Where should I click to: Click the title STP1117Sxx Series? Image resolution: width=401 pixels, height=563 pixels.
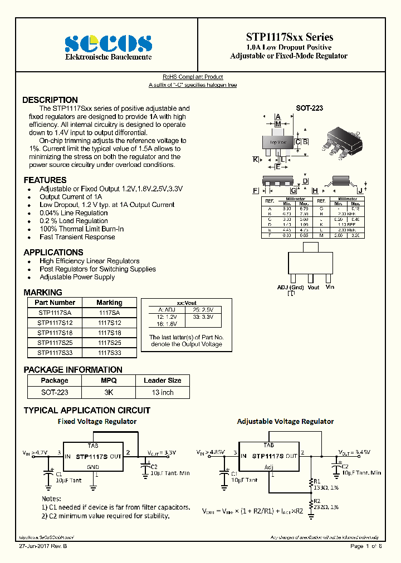click(289, 37)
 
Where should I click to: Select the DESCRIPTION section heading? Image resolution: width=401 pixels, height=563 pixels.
click(50, 100)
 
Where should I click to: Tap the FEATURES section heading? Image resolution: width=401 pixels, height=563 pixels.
click(45, 180)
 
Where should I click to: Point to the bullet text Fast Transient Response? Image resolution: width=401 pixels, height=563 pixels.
click(77, 237)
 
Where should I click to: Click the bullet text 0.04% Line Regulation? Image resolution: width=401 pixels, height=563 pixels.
click(74, 213)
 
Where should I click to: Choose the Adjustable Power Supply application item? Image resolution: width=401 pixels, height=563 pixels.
click(77, 277)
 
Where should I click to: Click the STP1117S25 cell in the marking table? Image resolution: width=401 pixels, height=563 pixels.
click(55, 343)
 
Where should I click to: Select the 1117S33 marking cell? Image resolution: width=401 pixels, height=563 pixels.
click(109, 353)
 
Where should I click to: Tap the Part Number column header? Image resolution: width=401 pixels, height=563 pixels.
click(55, 303)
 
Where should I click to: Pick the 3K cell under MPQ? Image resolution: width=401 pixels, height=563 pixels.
click(109, 392)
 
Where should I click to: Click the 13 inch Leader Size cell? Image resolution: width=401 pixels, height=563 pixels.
click(162, 392)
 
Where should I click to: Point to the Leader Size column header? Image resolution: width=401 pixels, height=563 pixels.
click(162, 381)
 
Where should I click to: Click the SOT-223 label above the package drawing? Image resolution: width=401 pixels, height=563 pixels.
click(309, 108)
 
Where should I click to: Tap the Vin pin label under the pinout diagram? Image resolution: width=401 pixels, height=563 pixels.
click(330, 287)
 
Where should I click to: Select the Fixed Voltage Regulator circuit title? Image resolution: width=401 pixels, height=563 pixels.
click(97, 422)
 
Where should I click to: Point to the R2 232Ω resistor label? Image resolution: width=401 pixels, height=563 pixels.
click(325, 504)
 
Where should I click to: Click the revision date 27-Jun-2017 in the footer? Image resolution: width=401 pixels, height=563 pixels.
click(41, 547)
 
